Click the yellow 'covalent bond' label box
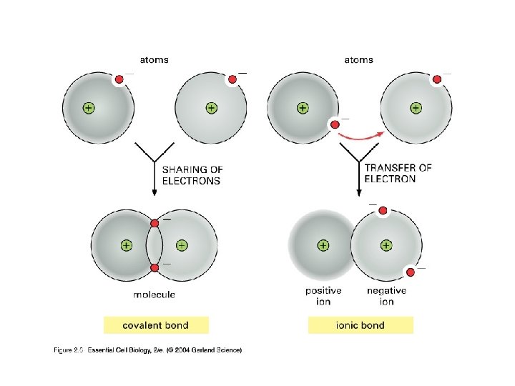[156, 325]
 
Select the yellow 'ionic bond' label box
[360, 325]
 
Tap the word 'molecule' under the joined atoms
[154, 295]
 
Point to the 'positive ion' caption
[323, 296]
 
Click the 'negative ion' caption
[386, 296]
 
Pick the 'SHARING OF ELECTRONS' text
[192, 175]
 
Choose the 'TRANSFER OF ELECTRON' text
[398, 173]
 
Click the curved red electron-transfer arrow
[361, 135]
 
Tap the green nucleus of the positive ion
[323, 245]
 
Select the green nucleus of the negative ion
[386, 245]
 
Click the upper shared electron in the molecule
[154, 223]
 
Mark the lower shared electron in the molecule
[154, 267]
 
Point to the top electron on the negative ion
[383, 211]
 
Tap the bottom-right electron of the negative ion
[411, 272]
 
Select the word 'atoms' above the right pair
[358, 60]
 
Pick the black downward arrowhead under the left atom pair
[154, 192]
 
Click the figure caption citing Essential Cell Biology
[149, 350]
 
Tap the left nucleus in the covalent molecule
[127, 245]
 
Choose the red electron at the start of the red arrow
[334, 124]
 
